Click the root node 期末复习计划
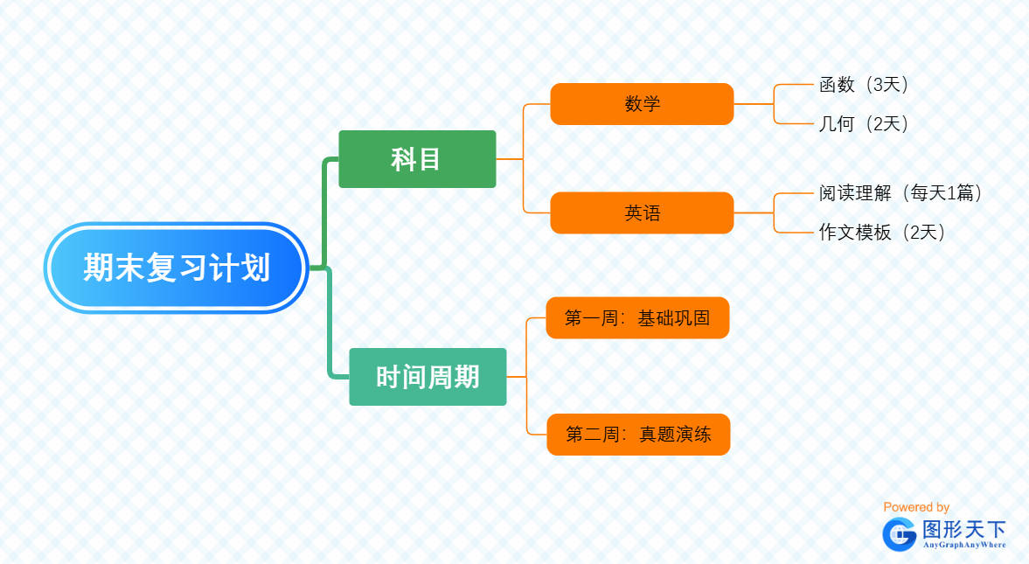176,268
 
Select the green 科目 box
417,159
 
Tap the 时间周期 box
428,377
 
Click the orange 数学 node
642,104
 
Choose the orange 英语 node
642,212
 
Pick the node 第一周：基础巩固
637,317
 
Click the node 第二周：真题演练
638,435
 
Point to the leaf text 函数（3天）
865,85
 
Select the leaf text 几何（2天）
865,124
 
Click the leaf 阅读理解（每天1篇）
901,193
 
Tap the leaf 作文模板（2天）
882,233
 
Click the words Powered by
916,507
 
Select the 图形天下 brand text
964,529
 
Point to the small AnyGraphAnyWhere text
964,545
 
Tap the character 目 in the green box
429,159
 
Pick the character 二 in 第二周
594,435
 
